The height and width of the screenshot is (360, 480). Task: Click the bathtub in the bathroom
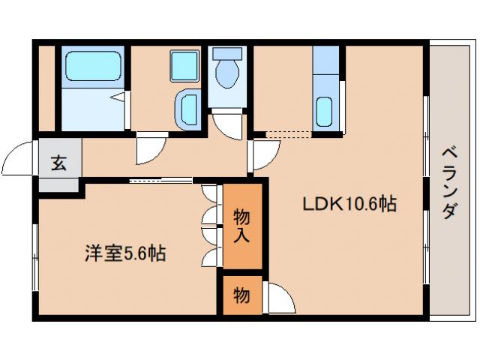coord(89,65)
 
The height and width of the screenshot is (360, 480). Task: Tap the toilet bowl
coord(226,76)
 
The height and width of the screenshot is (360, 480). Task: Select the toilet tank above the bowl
coord(226,53)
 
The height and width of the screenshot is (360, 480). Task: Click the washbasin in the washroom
coord(187,108)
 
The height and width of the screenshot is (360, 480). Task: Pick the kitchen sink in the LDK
coord(325,112)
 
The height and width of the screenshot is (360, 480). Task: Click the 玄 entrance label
coord(58,163)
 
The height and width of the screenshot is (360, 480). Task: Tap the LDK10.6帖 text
coord(349,203)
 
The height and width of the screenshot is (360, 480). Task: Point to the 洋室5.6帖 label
coord(124,253)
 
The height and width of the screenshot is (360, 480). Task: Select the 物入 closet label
coord(241,226)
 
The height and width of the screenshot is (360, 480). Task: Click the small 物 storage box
coord(241,295)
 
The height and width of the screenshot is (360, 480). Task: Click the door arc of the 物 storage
coord(280,298)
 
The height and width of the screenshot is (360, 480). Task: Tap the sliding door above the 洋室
coord(160,180)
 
